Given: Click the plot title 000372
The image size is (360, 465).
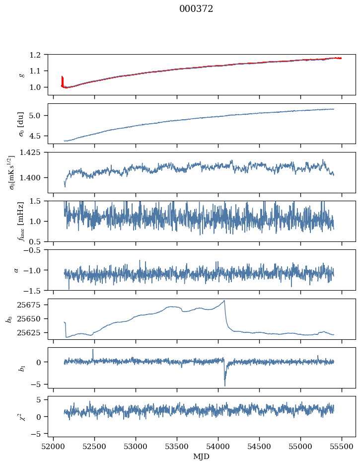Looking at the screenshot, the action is [x=196, y=9].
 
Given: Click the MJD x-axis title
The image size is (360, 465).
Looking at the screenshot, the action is [x=201, y=456].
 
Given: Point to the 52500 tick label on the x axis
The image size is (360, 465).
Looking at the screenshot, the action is [x=94, y=447].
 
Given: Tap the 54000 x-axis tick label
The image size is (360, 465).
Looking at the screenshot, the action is [x=218, y=447].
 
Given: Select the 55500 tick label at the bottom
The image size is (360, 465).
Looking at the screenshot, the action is [x=342, y=447].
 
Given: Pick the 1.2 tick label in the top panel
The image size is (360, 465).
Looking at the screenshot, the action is [x=35, y=55].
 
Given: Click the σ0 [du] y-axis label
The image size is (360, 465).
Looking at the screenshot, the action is [x=21, y=124].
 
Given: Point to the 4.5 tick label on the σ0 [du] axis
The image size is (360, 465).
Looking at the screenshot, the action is [x=35, y=136].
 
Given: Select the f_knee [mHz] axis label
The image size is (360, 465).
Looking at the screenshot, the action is [x=21, y=221].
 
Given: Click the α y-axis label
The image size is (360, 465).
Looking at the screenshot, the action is [x=16, y=270].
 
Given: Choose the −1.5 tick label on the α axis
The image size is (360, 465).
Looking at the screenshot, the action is [x=33, y=291].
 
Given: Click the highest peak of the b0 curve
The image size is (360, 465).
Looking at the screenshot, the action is [x=224, y=301].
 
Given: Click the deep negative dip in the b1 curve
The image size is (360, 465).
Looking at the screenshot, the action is [x=225, y=385].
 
